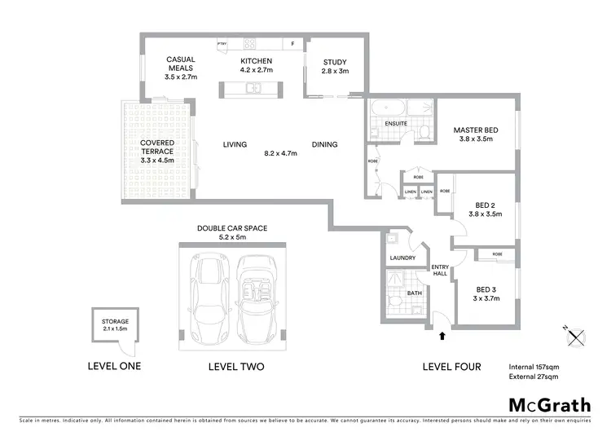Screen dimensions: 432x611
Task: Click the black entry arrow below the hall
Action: tap(443, 333)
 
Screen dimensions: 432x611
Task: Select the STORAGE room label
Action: tap(115, 322)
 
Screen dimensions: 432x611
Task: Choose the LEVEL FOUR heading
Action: tap(451, 367)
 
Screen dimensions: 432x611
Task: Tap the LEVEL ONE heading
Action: tap(114, 366)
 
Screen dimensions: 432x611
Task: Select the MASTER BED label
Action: tap(476, 130)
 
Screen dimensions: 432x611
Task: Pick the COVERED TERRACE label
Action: tap(157, 148)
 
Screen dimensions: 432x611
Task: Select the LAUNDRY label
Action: tap(403, 258)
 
